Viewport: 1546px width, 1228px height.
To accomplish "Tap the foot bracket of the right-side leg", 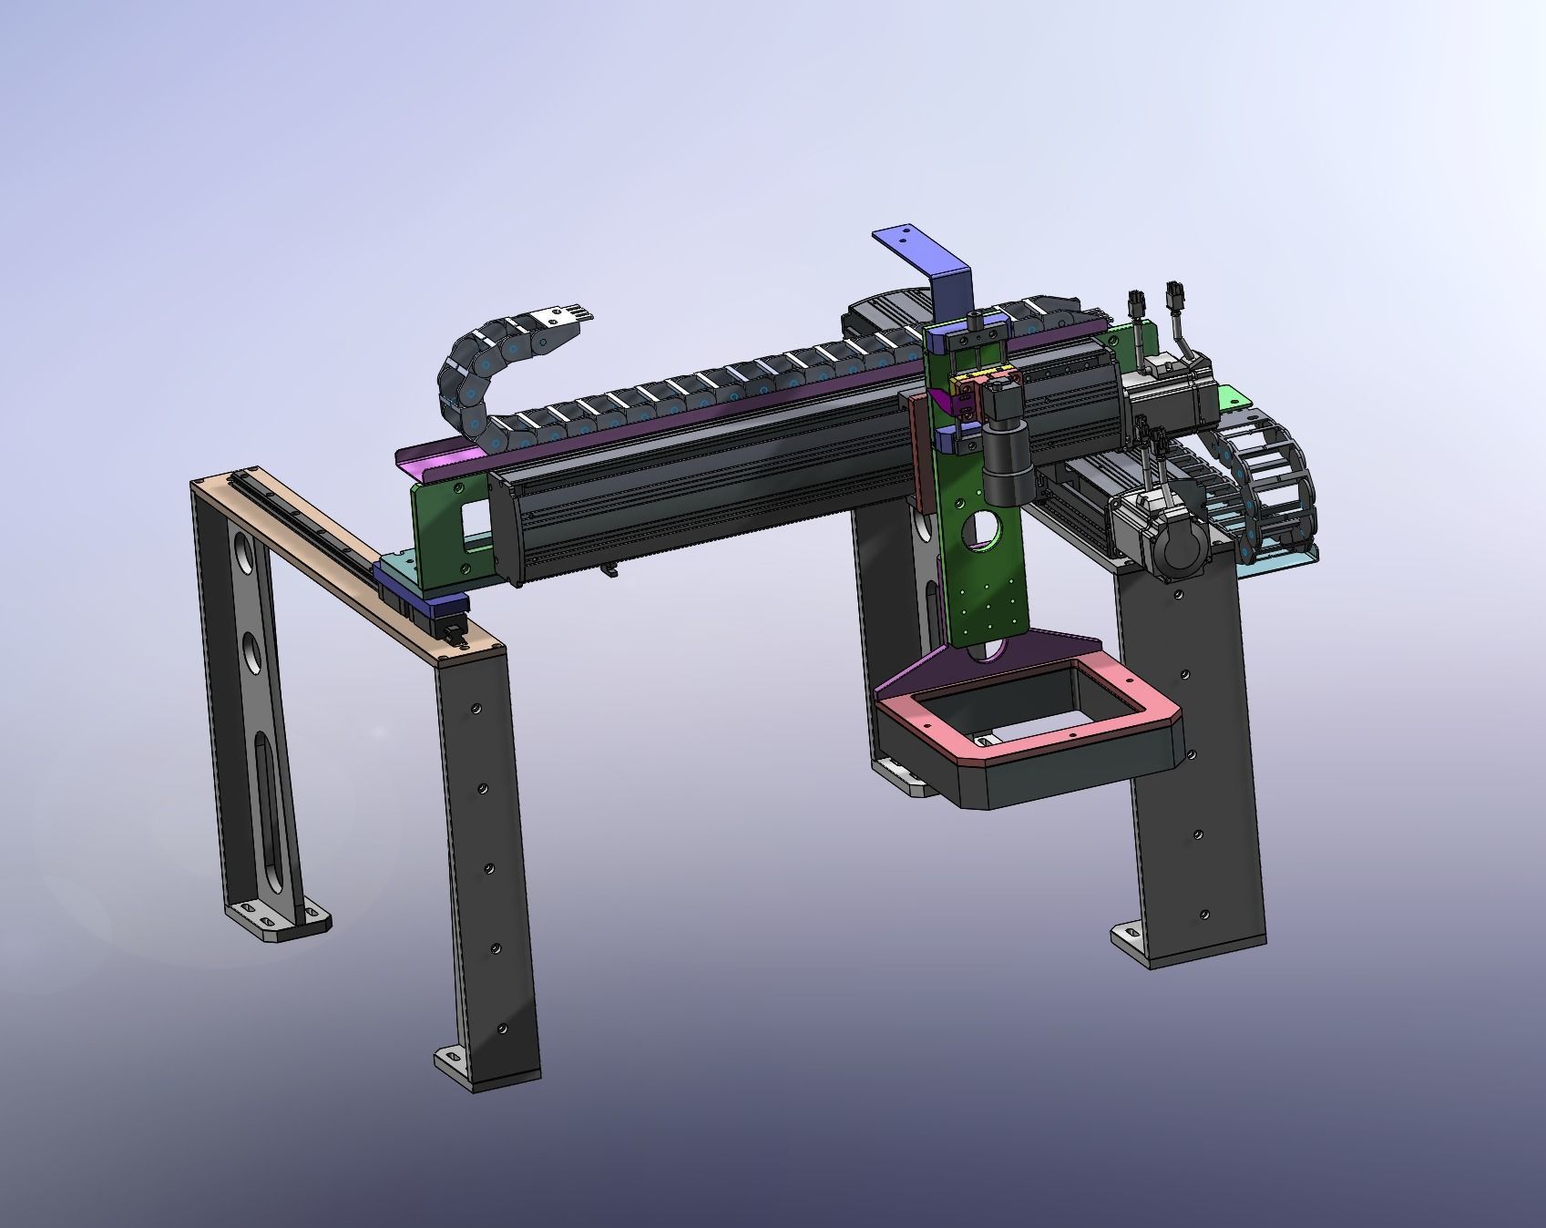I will [x=1130, y=938].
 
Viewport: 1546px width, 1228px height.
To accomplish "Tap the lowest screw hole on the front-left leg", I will [x=500, y=1028].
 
